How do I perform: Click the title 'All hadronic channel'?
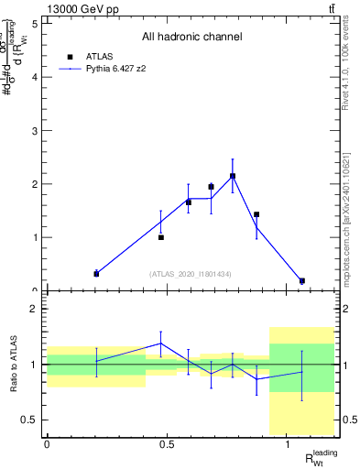click(x=191, y=38)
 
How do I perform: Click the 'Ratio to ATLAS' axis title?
click(x=13, y=364)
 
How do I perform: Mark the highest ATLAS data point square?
click(x=233, y=176)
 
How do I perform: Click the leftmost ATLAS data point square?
click(x=96, y=274)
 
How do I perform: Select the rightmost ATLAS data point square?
click(x=301, y=280)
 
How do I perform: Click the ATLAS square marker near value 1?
click(x=161, y=237)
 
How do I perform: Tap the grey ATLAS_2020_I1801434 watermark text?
click(x=191, y=274)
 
